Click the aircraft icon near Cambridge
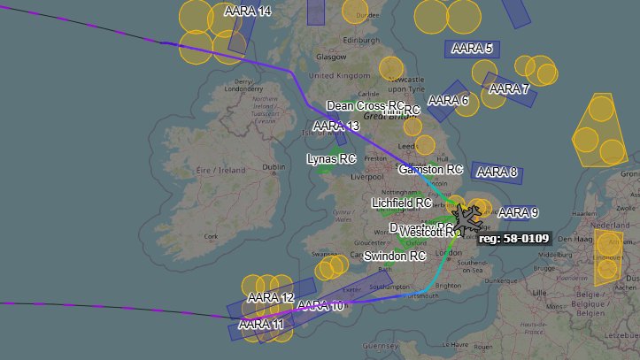pos(467,215)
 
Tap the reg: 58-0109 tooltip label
pos(513,238)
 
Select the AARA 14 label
pos(248,11)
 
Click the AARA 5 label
pos(472,48)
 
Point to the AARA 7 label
pos(509,88)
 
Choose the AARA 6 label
pos(448,100)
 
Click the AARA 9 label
pos(518,212)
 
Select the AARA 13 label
pos(336,126)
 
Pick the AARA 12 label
pos(270,297)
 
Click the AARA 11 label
pos(261,325)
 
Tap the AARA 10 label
pos(320,306)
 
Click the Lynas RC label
pos(330,159)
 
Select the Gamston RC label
pos(431,168)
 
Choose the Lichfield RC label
pos(401,203)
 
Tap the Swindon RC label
pos(397,256)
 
